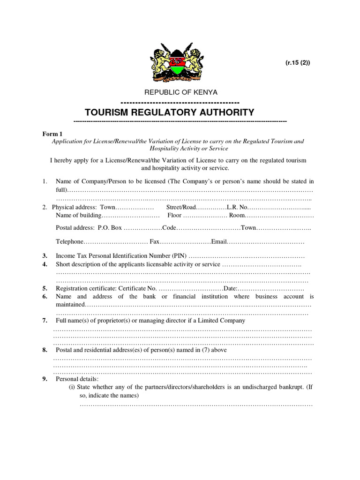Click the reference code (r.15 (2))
tap(298, 63)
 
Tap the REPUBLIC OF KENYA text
tap(180, 92)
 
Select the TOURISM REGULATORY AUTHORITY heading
tap(169, 112)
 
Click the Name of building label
tap(78, 216)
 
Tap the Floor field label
tap(174, 216)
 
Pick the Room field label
tap(237, 216)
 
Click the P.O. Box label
tap(110, 228)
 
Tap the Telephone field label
tap(70, 242)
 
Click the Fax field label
tap(155, 242)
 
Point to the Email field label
tap(219, 242)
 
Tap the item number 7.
tap(45, 321)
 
